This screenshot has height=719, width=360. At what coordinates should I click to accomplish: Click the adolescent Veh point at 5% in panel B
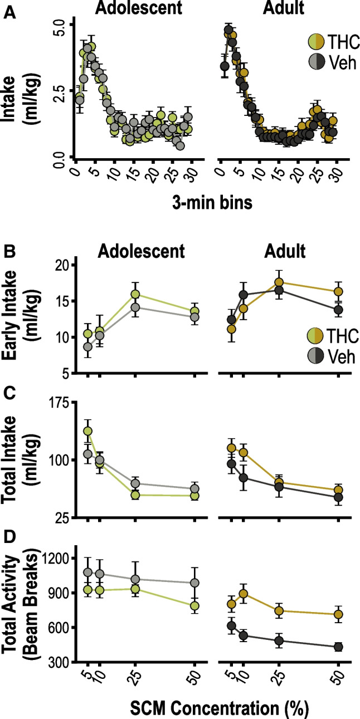click(87, 346)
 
